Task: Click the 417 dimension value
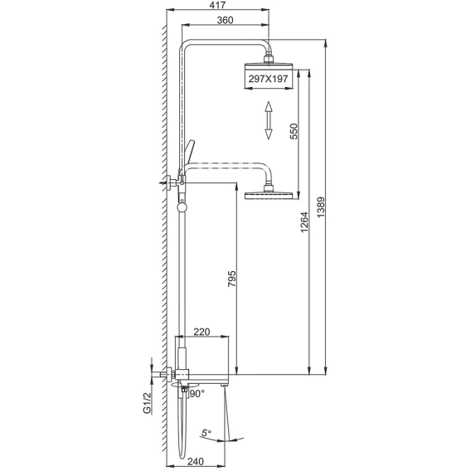(x=218, y=5)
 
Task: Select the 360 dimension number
(x=225, y=20)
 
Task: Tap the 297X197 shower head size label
(x=268, y=79)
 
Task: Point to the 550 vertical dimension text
(x=294, y=131)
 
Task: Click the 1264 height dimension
(x=304, y=222)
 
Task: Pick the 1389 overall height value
(x=321, y=207)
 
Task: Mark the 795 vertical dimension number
(x=231, y=279)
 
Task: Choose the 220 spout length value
(x=202, y=332)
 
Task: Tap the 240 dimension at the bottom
(x=195, y=461)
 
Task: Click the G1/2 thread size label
(x=147, y=403)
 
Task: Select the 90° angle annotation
(x=197, y=393)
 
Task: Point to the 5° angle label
(x=206, y=433)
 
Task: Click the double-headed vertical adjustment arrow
(x=268, y=120)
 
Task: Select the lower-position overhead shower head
(x=269, y=192)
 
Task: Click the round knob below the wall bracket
(x=182, y=207)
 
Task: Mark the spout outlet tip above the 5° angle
(x=224, y=385)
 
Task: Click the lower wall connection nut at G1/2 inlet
(x=170, y=375)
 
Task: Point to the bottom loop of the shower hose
(x=182, y=454)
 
